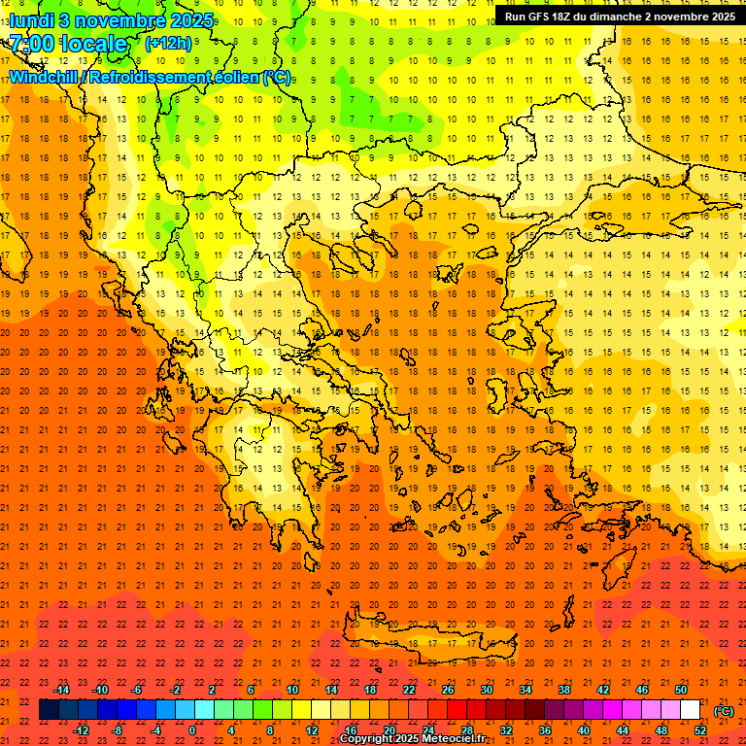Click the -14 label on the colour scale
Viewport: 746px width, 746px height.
(x=61, y=690)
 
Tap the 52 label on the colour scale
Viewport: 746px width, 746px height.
(x=700, y=729)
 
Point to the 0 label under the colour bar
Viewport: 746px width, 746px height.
(x=192, y=729)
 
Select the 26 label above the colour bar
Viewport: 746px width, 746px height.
(x=448, y=690)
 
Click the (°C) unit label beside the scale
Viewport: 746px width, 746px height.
(x=723, y=711)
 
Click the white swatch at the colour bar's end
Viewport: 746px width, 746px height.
(x=691, y=710)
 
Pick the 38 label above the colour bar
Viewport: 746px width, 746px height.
(x=563, y=690)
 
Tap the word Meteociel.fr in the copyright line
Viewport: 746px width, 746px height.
(x=454, y=739)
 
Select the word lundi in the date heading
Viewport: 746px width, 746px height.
(x=31, y=19)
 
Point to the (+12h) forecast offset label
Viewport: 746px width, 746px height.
(x=167, y=44)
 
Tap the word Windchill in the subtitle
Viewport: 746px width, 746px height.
(x=45, y=77)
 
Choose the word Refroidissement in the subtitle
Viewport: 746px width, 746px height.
(x=151, y=77)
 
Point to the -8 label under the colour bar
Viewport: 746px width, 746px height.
(x=118, y=729)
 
